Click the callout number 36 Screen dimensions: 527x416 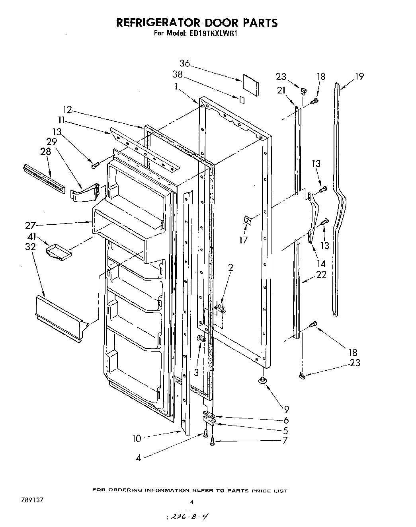[x=184, y=64]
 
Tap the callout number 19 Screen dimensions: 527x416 [x=359, y=76]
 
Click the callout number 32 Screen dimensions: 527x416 [x=30, y=247]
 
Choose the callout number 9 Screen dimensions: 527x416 [x=287, y=409]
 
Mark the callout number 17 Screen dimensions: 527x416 [x=243, y=240]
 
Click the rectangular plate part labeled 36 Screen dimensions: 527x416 [x=250, y=84]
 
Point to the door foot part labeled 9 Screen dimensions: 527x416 [x=262, y=381]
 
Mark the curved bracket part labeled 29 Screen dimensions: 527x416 [x=84, y=193]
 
